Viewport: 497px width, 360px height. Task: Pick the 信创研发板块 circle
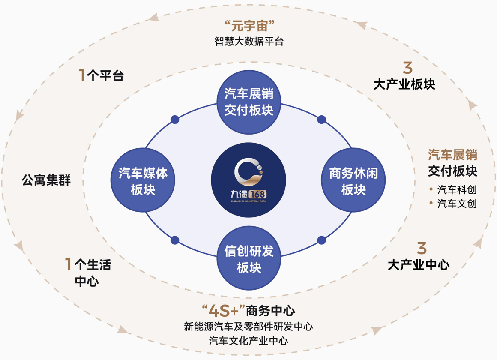249,260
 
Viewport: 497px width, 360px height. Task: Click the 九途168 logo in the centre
248,180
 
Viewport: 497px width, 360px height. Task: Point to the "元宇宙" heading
249,26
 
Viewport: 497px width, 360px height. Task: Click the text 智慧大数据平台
249,42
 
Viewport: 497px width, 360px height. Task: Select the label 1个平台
101,76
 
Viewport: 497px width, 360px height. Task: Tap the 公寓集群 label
46,180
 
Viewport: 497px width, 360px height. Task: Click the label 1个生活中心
87,273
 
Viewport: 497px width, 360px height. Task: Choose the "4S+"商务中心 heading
248,309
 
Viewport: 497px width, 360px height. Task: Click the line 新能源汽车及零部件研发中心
248,327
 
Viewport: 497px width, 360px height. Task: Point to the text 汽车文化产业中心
248,341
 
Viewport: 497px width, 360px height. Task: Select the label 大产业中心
418,265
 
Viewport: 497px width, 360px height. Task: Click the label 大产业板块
404,84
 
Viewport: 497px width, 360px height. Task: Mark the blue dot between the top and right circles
321,120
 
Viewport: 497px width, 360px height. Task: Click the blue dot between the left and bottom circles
175,240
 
